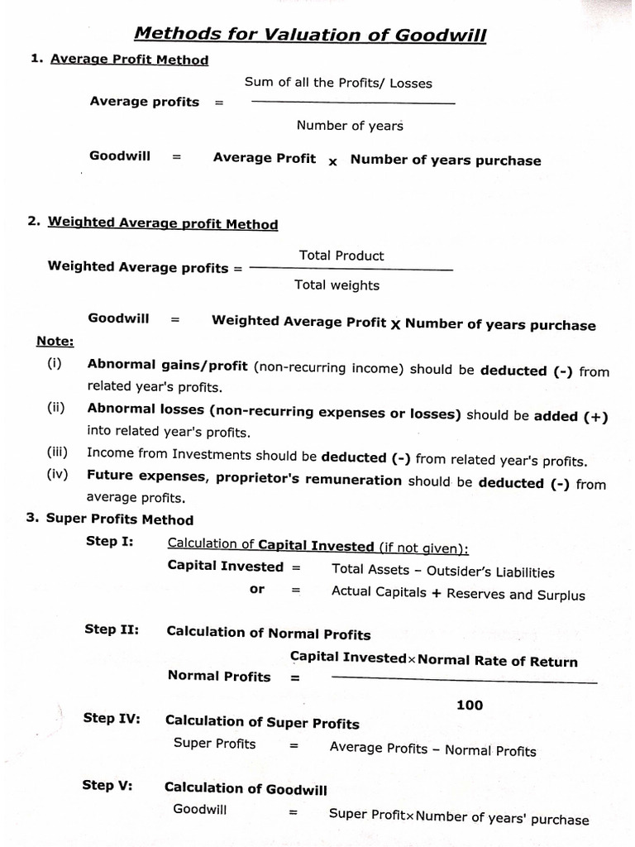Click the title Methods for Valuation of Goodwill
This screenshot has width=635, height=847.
pos(310,34)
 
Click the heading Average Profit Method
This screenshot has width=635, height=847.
pos(129,60)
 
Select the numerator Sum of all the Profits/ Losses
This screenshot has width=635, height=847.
pos(338,83)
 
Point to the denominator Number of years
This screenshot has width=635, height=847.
pos(350,126)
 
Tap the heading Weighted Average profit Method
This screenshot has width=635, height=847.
pos(163,223)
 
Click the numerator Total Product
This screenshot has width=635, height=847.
pos(341,256)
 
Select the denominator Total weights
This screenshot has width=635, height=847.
pos(337,285)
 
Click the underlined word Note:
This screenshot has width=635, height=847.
pos(55,342)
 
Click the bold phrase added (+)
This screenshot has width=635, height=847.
pos(571,417)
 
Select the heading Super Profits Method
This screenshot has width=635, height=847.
pos(119,520)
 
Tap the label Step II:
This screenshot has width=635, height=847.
pos(112,629)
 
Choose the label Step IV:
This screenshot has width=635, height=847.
pos(112,718)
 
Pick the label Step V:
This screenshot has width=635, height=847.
pos(107,785)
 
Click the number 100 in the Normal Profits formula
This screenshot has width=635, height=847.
pos(469,706)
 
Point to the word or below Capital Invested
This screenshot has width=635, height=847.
pos(257,589)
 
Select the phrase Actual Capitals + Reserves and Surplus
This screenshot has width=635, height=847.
pos(457,594)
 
